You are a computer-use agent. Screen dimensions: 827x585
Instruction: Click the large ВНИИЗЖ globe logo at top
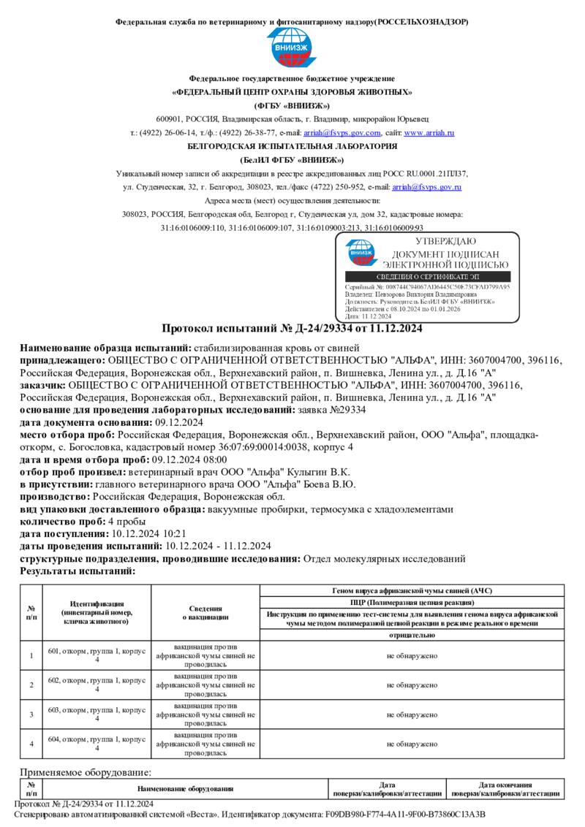pyautogui.click(x=292, y=47)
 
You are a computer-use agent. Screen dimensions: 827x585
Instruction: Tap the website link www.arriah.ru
pyautogui.click(x=429, y=133)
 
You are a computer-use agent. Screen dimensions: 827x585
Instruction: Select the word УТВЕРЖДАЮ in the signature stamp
pyautogui.click(x=445, y=242)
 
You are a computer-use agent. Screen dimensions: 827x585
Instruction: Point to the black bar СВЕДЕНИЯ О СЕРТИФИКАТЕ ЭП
pyautogui.click(x=427, y=277)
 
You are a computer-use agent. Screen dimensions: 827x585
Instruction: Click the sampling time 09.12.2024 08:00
pyautogui.click(x=189, y=460)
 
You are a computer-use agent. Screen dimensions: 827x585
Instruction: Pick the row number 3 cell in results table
pyautogui.click(x=31, y=714)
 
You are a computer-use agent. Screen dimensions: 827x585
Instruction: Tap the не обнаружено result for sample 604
pyautogui.click(x=412, y=744)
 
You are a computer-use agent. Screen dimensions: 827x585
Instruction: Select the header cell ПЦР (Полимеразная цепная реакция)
pyautogui.click(x=412, y=602)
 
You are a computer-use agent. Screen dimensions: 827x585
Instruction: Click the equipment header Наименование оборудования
pyautogui.click(x=185, y=789)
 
